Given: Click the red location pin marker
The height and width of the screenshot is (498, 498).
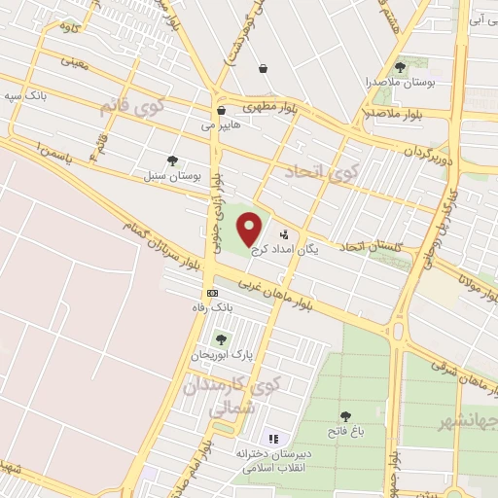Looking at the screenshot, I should point(250,228).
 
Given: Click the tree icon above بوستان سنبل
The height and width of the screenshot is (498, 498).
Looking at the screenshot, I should point(172,161).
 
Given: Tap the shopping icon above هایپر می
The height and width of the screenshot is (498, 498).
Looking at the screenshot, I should point(222,110).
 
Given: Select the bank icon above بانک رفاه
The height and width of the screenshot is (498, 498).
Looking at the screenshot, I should point(211,292).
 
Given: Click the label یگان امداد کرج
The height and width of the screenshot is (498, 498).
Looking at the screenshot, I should point(283,249).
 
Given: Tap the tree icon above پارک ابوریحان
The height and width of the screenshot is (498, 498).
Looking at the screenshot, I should point(221,339).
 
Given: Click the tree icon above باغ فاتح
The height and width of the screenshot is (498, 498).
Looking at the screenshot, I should point(345,417).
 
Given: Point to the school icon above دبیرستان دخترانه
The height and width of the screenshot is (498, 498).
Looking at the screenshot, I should point(273,440).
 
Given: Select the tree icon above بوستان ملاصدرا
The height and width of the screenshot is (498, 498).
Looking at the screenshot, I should point(400,66).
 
